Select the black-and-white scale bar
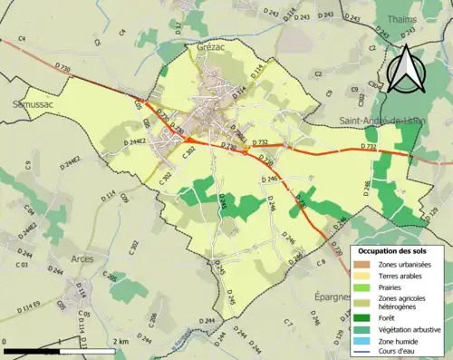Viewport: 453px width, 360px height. (60, 350)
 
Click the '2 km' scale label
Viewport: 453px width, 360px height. (121, 342)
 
